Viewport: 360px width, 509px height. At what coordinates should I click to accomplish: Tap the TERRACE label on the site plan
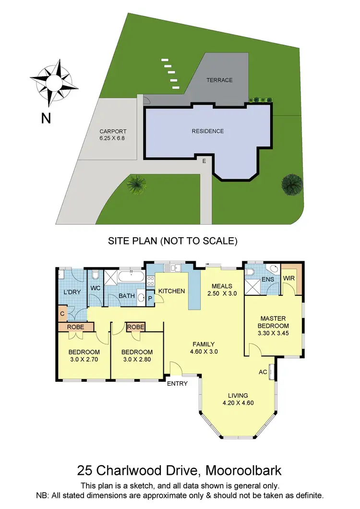219,80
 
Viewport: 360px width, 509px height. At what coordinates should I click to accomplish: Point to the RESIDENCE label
208,131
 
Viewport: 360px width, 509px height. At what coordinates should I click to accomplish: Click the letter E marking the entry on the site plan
204,161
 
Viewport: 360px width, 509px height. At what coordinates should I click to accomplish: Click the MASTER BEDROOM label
274,322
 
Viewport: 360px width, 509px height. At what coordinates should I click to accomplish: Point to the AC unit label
263,371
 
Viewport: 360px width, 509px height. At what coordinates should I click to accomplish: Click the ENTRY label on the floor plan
176,383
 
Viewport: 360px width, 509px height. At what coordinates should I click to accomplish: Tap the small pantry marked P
150,298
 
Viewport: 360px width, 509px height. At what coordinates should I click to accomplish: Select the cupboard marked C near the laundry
62,314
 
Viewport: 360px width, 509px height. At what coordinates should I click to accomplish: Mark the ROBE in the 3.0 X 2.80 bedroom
135,327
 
